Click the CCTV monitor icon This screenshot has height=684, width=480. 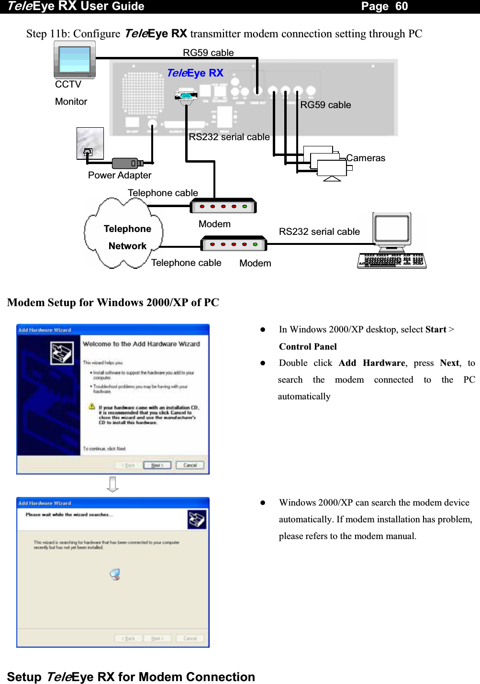(x=75, y=60)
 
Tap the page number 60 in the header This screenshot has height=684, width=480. (x=401, y=6)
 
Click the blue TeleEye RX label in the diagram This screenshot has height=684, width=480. (x=195, y=73)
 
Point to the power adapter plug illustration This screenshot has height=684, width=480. (x=127, y=163)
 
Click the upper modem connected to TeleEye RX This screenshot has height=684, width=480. (x=223, y=206)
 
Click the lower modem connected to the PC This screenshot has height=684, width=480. (x=234, y=244)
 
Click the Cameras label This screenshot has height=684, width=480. (x=366, y=158)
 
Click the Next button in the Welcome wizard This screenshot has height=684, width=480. (x=157, y=465)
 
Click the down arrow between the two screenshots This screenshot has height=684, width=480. (x=113, y=485)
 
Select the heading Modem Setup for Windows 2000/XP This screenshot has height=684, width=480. (x=113, y=303)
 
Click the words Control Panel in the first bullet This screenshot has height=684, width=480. (x=308, y=347)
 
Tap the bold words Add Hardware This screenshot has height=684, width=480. (x=372, y=363)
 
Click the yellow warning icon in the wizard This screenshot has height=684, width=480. (x=91, y=407)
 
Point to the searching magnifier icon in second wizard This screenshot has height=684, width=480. (x=115, y=574)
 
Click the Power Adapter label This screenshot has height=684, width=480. (x=120, y=176)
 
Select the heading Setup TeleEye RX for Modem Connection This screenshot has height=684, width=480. (x=131, y=677)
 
